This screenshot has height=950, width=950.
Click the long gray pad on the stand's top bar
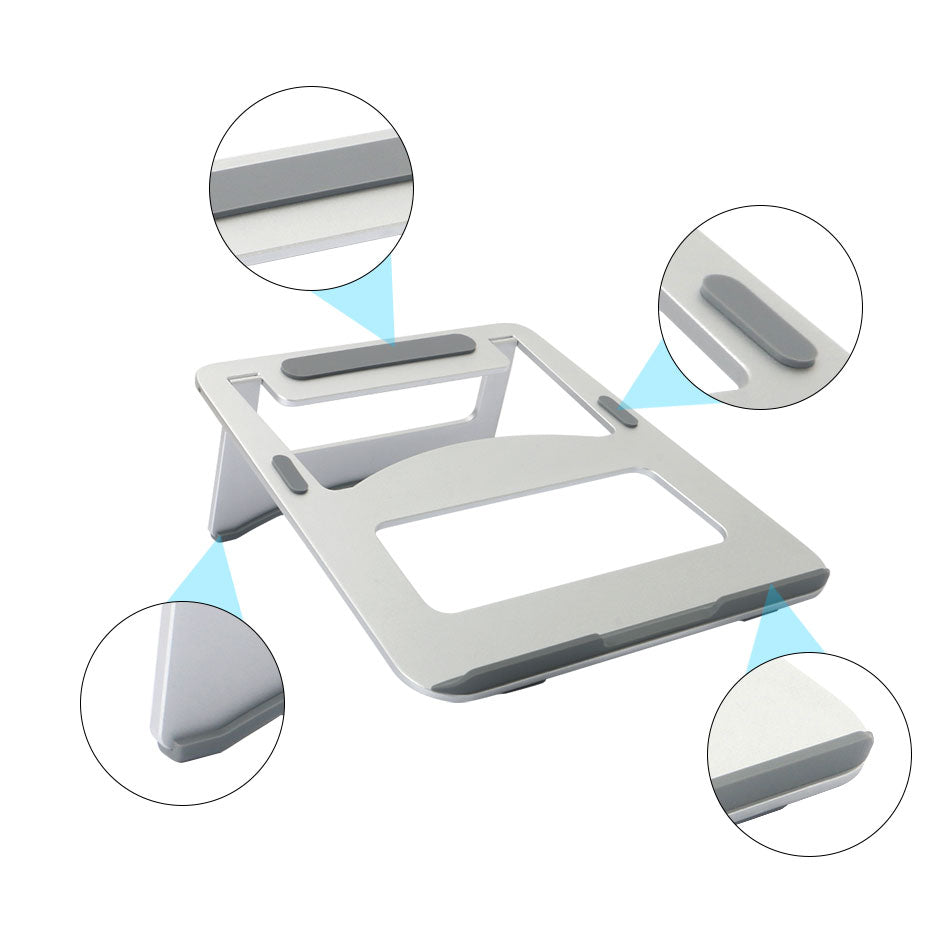tap(378, 357)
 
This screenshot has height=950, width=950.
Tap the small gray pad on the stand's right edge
tap(619, 412)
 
